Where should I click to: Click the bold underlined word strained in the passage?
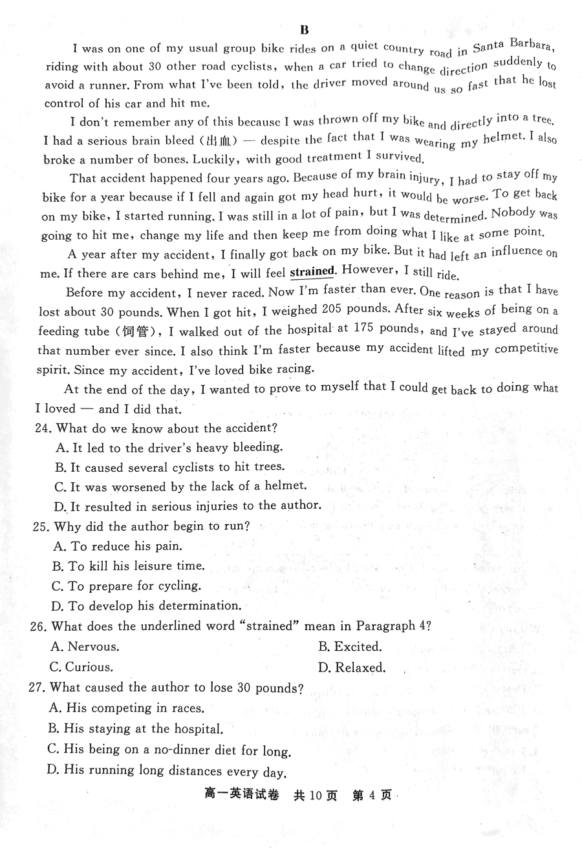tap(312, 271)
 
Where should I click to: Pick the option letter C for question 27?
tap(54, 749)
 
